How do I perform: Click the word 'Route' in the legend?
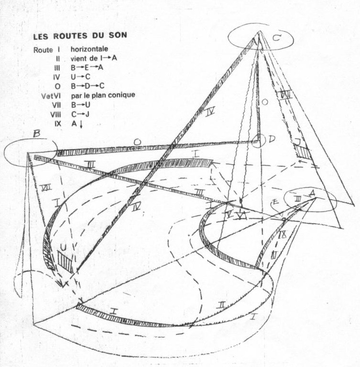(x=44, y=49)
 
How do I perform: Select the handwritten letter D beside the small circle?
(x=271, y=139)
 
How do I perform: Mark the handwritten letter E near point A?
(x=276, y=203)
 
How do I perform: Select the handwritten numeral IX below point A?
(x=282, y=234)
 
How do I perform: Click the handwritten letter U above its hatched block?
(x=62, y=245)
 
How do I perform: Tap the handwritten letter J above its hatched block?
(x=297, y=141)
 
